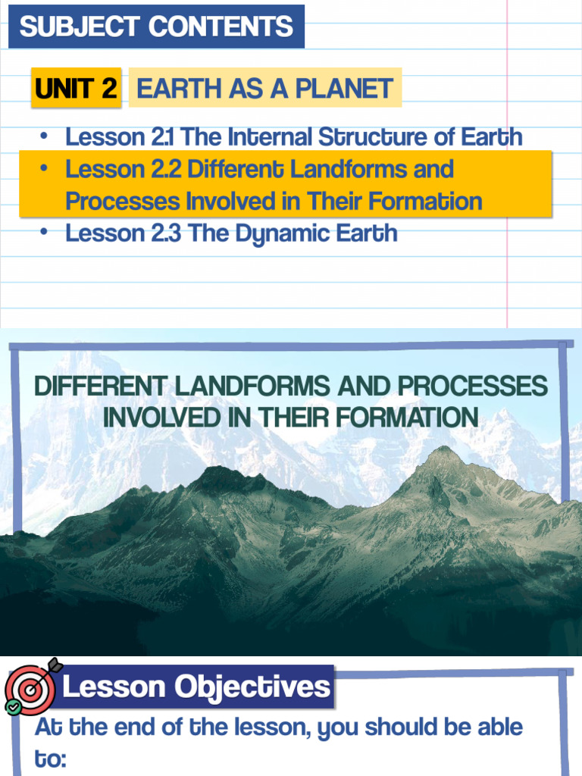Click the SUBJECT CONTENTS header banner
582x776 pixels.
[x=156, y=27]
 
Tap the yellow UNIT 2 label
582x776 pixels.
[x=76, y=89]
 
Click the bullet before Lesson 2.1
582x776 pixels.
[x=45, y=136]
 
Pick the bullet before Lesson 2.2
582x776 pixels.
[x=45, y=168]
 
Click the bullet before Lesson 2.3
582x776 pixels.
[x=45, y=233]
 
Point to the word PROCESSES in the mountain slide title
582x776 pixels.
[x=472, y=386]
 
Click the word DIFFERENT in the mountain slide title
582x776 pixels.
[x=102, y=386]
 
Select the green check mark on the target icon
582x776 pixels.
[x=13, y=707]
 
